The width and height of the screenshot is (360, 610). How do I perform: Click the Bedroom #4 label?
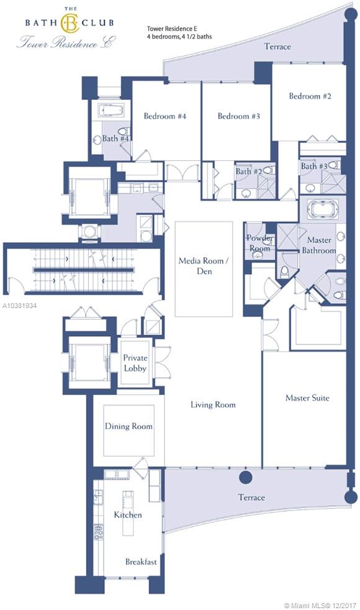[165, 116]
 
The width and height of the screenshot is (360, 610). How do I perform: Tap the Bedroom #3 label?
[239, 116]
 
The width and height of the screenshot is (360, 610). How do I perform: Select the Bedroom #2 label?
[310, 96]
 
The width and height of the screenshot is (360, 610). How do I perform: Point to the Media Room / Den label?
[204, 266]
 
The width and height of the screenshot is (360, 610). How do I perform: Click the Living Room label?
[213, 404]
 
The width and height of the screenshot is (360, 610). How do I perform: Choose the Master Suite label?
[307, 398]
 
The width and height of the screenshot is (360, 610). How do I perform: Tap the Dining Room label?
[128, 426]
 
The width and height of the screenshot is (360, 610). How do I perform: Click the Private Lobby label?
[135, 363]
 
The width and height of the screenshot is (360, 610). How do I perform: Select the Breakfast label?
[141, 562]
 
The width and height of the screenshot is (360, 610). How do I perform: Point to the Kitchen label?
[127, 515]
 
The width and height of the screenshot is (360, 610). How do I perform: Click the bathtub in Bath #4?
[111, 111]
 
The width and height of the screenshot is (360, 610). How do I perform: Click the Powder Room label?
[259, 243]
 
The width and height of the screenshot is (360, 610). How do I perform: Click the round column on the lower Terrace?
[245, 477]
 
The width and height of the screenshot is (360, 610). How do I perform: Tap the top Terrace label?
[277, 47]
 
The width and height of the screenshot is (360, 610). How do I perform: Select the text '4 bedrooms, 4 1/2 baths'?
[179, 37]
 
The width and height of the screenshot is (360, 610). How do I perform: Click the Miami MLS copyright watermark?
[320, 605]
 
